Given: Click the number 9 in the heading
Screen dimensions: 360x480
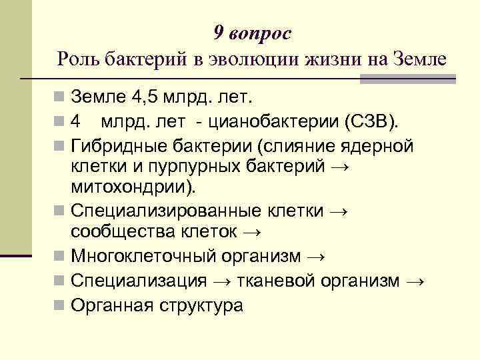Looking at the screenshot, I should (219, 33).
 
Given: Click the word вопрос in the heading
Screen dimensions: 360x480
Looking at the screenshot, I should (259, 33).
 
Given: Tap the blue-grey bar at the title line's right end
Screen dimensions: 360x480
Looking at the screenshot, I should (408, 79).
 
